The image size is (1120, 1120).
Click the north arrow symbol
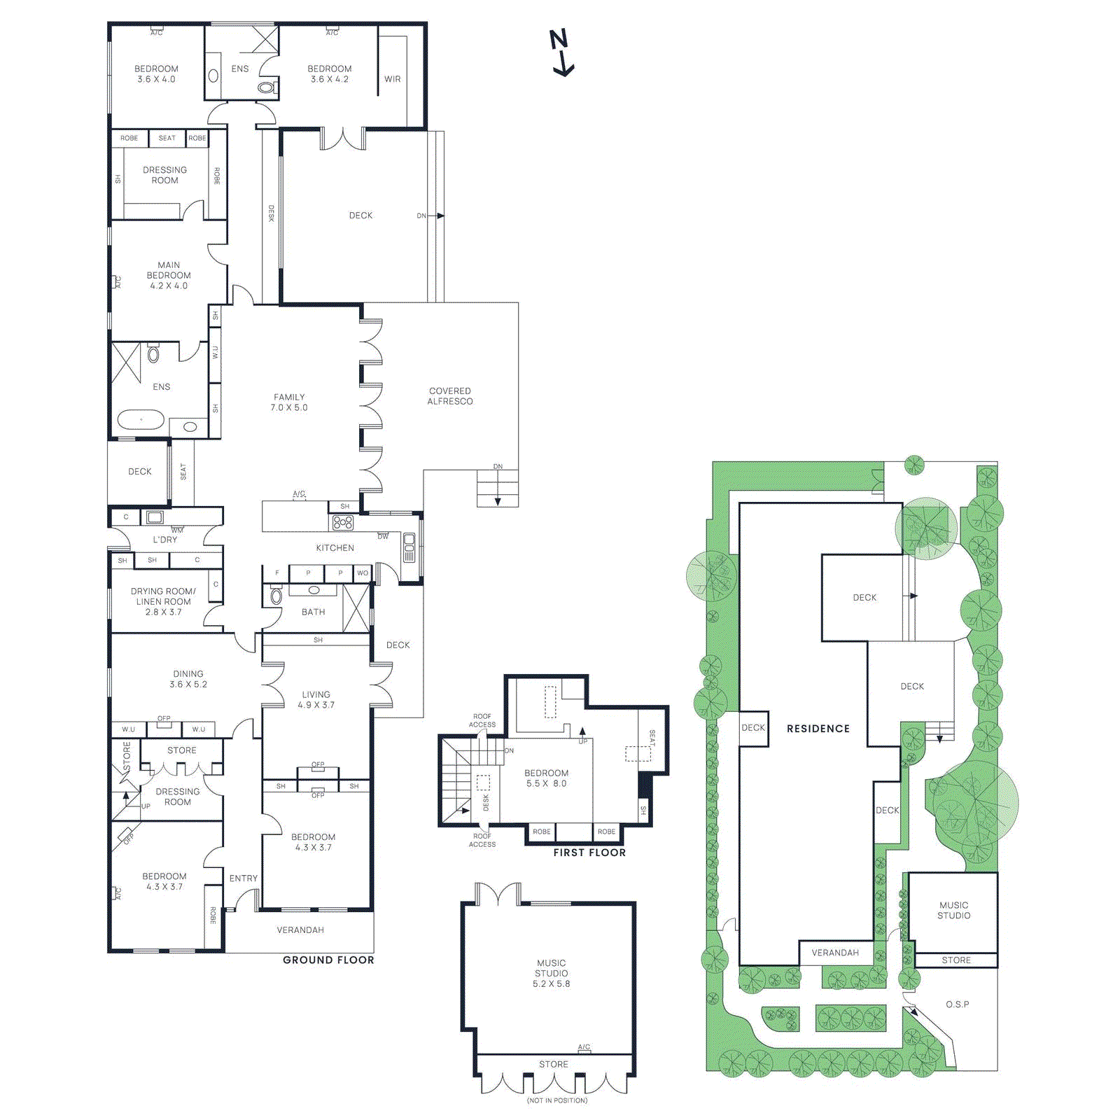(561, 52)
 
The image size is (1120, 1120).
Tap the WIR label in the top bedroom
(393, 79)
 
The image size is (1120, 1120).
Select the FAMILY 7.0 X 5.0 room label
(289, 402)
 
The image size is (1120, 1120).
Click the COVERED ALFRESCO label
(450, 396)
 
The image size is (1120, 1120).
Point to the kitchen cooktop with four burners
(343, 522)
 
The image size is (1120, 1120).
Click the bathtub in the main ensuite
(141, 420)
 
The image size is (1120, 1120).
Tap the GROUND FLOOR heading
(328, 960)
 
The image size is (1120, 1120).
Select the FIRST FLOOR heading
(589, 852)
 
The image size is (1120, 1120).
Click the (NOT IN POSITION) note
(557, 1100)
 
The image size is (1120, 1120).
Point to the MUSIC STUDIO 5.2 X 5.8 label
(552, 973)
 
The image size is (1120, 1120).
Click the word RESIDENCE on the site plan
(818, 729)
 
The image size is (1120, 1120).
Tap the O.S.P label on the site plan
(957, 1004)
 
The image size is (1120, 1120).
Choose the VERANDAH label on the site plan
(835, 953)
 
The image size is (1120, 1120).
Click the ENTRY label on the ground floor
(244, 878)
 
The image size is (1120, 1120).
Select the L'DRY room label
(165, 540)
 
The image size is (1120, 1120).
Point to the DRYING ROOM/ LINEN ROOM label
(163, 601)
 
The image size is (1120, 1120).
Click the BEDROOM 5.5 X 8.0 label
(547, 778)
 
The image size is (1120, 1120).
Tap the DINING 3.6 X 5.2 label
(188, 679)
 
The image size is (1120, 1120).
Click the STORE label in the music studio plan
(554, 1064)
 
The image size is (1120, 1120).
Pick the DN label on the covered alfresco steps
(498, 466)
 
